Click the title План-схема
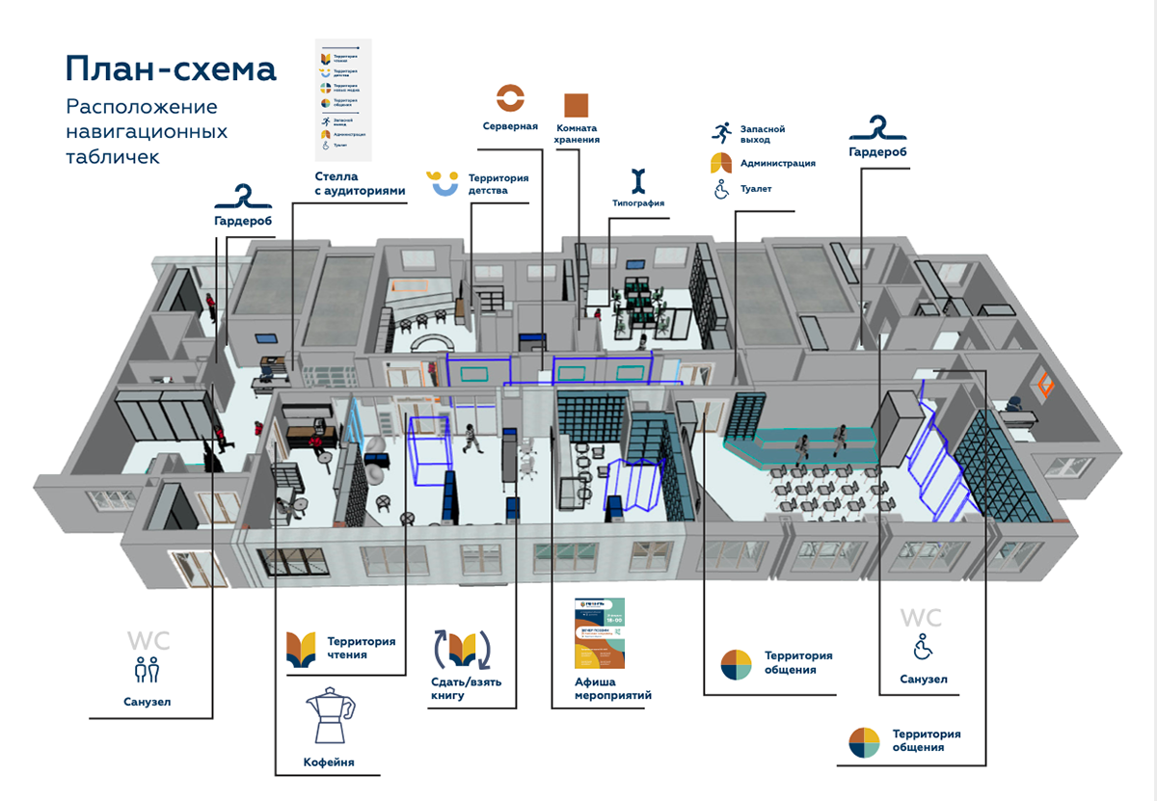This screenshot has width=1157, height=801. click(x=171, y=68)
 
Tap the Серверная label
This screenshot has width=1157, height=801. click(x=510, y=126)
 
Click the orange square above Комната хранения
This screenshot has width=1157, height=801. click(x=577, y=105)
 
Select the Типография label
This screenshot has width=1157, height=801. click(x=638, y=202)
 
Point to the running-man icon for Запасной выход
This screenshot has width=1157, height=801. click(x=721, y=133)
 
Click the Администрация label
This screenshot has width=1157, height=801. click(x=777, y=163)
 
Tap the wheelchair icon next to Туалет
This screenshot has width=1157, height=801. click(x=720, y=189)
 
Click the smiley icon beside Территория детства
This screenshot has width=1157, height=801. click(x=444, y=182)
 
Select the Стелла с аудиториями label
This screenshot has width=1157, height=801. click(x=360, y=183)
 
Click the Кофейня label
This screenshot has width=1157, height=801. click(x=329, y=761)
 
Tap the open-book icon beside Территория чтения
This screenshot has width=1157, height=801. click(x=301, y=649)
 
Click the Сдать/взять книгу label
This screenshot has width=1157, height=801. click(x=466, y=688)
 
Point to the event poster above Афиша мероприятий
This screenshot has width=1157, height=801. click(x=600, y=633)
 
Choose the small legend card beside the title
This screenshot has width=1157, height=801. click(x=344, y=99)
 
